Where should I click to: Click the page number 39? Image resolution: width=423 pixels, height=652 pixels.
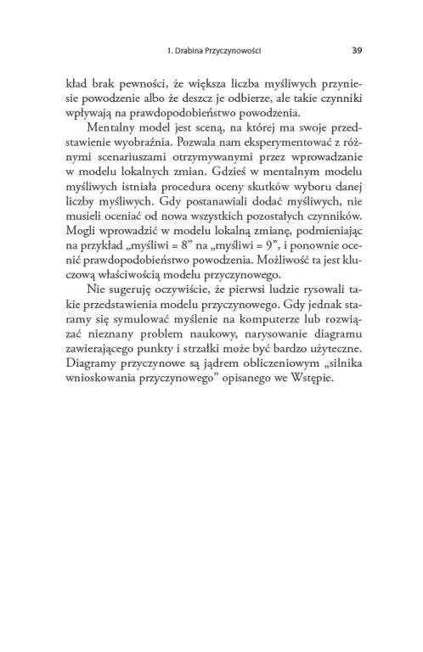(357, 50)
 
